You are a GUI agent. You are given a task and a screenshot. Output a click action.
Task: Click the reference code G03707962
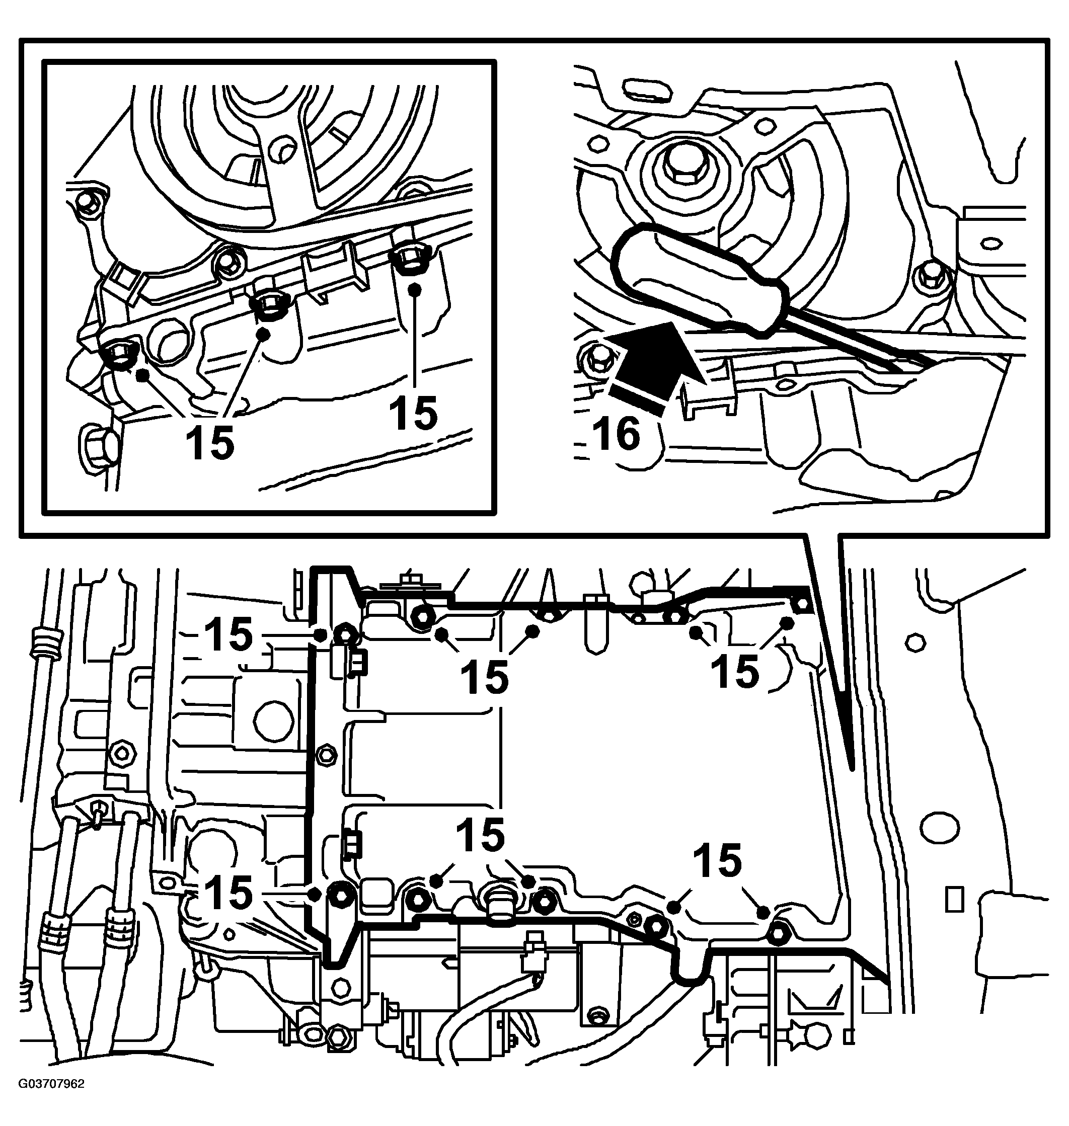[51, 1100]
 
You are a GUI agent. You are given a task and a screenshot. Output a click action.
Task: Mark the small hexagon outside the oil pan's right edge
[915, 642]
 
